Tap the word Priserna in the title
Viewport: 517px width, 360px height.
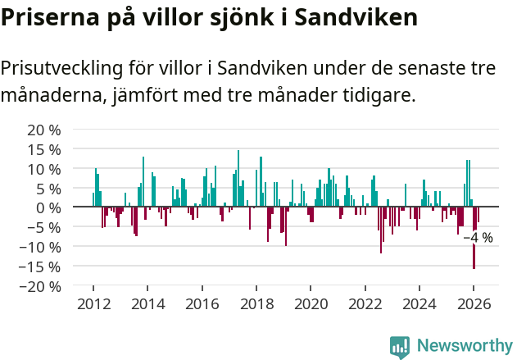point(48,17)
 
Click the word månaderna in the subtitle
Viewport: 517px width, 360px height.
point(51,96)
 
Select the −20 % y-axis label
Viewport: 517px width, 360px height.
point(40,286)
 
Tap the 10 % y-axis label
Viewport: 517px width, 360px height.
point(44,169)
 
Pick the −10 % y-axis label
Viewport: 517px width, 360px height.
point(40,247)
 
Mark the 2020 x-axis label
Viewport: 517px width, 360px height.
point(311,303)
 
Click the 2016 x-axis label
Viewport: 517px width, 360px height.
point(202,303)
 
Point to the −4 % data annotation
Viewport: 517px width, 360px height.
point(478,238)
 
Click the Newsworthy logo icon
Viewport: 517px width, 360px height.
point(400,346)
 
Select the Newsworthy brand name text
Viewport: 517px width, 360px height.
point(464,346)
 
